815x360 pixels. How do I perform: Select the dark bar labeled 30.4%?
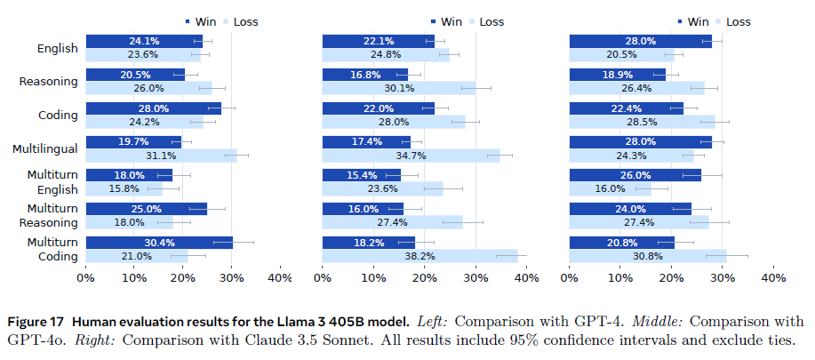tap(159, 242)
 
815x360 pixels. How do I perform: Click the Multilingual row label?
tap(45, 148)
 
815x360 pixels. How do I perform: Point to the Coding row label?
tap(59, 116)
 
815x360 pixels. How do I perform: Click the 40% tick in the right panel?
tap(773, 278)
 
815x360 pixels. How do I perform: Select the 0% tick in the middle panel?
tap(322, 278)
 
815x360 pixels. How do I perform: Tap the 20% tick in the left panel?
tap(182, 278)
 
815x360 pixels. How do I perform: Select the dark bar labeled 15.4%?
tap(361, 175)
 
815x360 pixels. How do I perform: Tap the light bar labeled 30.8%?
tap(647, 257)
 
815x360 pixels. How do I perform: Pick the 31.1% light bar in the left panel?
tap(161, 156)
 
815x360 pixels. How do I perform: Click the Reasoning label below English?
tap(49, 82)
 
